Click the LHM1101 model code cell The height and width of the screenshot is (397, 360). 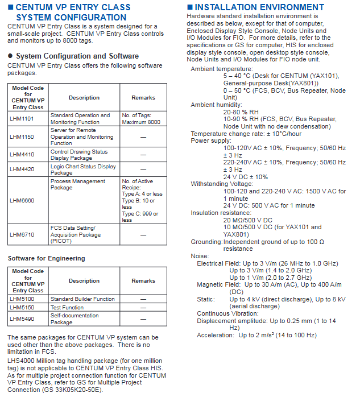pyautogui.click(x=22, y=119)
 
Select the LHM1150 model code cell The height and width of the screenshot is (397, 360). pyautogui.click(x=22, y=137)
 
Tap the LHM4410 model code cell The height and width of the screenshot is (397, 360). pyautogui.click(x=22, y=155)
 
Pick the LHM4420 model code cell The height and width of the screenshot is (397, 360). pyautogui.click(x=22, y=169)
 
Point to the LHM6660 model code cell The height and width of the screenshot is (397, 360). pyautogui.click(x=22, y=200)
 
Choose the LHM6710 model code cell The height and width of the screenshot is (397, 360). pyautogui.click(x=22, y=234)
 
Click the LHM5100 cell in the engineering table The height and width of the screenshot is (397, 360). pyautogui.click(x=22, y=299)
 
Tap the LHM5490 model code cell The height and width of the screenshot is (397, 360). pyautogui.click(x=22, y=319)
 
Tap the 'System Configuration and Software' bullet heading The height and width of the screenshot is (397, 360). pyautogui.click(x=77, y=56)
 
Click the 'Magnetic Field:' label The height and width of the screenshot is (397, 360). pyautogui.click(x=218, y=284)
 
